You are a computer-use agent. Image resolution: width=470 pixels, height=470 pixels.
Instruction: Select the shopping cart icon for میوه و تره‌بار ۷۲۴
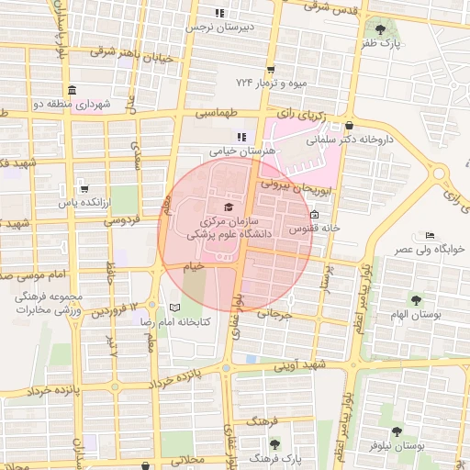coord(270,69)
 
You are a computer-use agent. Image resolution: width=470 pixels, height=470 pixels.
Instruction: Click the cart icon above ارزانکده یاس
coord(84,188)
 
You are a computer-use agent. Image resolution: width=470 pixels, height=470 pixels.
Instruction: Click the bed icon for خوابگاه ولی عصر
coord(428,235)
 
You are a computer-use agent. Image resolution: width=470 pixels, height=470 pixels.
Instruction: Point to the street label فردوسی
coord(120,220)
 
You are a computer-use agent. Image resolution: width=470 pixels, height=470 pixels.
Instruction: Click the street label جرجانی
coord(273,314)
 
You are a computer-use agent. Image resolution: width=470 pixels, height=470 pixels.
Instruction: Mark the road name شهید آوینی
coord(303,365)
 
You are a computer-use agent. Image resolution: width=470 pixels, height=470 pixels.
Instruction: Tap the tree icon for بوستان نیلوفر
coord(397,431)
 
